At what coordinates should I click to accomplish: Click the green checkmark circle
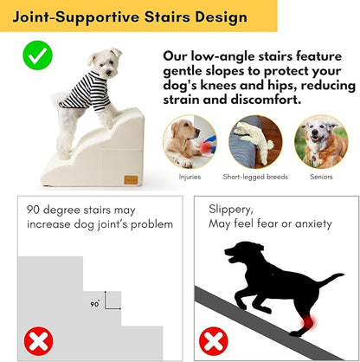coord(35,58)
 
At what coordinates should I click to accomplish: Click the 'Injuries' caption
coord(190,177)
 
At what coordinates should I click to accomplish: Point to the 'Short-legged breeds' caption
coord(254,177)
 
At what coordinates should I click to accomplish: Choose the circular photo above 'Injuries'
coord(190,141)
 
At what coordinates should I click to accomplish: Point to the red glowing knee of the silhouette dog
coord(300,326)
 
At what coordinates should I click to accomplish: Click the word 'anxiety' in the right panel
coord(308,223)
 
